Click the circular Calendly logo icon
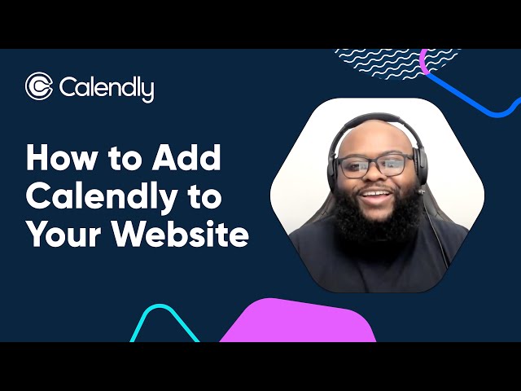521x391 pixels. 39,86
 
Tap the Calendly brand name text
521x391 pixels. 106,88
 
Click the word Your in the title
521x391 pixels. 63,235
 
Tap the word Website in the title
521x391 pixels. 180,235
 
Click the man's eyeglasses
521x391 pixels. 374,166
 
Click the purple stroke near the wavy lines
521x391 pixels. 424,61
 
